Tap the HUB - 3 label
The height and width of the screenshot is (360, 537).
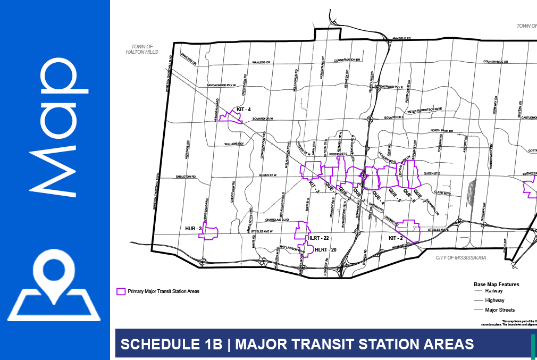(x=192, y=228)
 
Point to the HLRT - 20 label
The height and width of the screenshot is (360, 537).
(x=326, y=249)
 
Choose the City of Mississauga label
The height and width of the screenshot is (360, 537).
(x=460, y=257)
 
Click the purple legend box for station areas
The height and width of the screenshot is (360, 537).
(x=121, y=291)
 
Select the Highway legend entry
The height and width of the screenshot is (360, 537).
(x=495, y=300)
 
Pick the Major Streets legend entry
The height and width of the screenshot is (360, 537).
(x=500, y=310)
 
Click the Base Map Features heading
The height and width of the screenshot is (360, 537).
(x=496, y=284)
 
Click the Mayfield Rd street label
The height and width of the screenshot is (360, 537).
(x=402, y=39)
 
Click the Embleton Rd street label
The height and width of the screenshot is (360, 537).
(x=187, y=177)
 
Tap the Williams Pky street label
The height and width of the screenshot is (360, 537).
(x=233, y=144)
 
